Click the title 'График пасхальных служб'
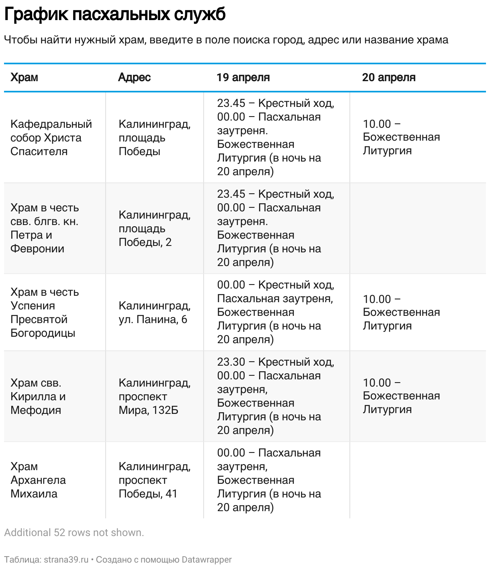(x=115, y=15)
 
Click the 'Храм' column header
(x=24, y=77)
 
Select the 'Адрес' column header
(x=134, y=77)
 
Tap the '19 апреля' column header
(x=243, y=77)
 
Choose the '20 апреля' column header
(x=388, y=77)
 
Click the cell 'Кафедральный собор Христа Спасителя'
(x=51, y=137)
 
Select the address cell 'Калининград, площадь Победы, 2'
(x=154, y=228)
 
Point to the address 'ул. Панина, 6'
(x=153, y=319)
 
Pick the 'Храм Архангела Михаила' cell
(x=38, y=480)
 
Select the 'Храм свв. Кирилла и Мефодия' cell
(x=38, y=396)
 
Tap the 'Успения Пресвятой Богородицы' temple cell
(x=44, y=312)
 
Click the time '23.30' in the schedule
(x=231, y=362)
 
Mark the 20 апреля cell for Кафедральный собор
(x=401, y=137)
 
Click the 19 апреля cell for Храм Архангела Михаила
(x=269, y=480)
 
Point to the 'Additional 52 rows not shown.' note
(x=74, y=532)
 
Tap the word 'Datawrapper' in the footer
(x=206, y=559)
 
